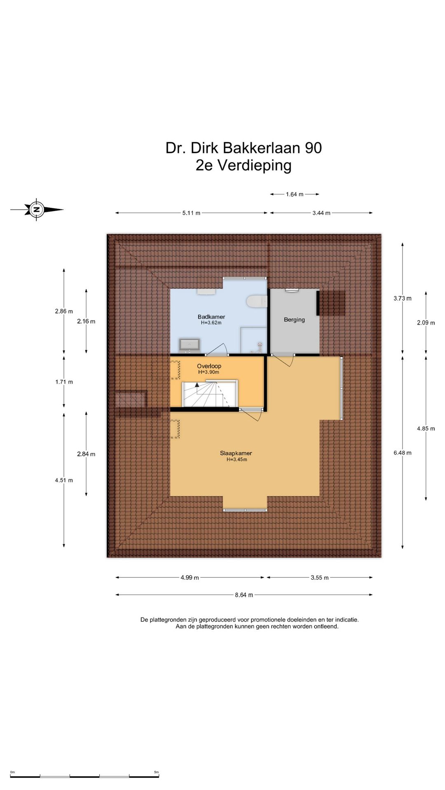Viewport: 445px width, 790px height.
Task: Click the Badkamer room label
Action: click(x=211, y=317)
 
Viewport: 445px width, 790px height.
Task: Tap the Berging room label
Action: click(x=294, y=320)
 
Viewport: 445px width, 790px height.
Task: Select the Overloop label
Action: click(x=209, y=366)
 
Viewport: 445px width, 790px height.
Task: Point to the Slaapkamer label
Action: click(x=236, y=453)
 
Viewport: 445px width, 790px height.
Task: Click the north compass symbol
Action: click(x=37, y=209)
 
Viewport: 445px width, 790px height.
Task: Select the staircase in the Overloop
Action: click(x=210, y=394)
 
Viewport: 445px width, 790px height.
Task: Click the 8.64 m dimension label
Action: click(x=244, y=595)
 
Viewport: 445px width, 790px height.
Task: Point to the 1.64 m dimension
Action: click(x=295, y=194)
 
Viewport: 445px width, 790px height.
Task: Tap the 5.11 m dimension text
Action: click(x=191, y=213)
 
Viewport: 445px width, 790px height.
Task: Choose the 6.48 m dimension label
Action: click(x=403, y=453)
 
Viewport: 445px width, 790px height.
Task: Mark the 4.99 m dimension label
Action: click(x=190, y=578)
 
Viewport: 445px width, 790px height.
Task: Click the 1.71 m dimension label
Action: click(x=64, y=382)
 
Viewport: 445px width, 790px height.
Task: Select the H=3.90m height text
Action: click(x=208, y=372)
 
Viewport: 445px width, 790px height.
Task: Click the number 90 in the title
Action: click(x=313, y=148)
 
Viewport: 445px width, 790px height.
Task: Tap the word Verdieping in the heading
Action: click(x=255, y=165)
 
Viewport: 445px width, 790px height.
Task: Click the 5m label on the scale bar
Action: click(x=156, y=772)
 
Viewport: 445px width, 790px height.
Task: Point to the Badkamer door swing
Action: click(x=218, y=349)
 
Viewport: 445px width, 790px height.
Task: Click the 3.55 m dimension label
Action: click(x=320, y=578)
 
